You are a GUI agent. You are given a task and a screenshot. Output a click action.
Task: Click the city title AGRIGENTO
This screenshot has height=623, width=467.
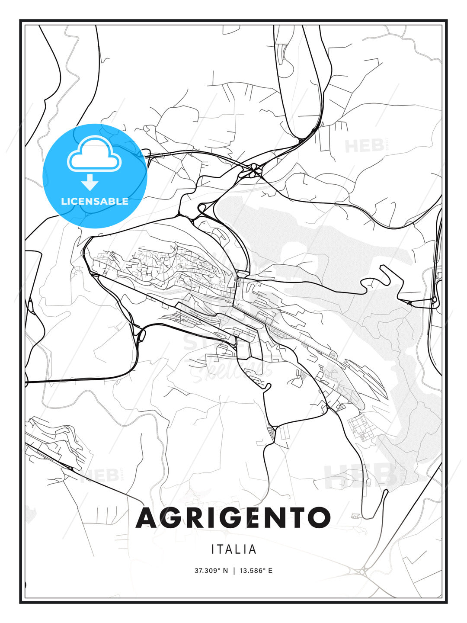click(x=233, y=518)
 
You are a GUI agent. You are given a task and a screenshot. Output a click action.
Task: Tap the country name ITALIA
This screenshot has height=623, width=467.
click(x=234, y=549)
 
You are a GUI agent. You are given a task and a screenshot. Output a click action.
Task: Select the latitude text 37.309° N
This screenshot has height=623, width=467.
click(x=211, y=571)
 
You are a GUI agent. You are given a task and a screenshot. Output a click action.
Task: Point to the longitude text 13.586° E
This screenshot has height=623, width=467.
click(x=256, y=571)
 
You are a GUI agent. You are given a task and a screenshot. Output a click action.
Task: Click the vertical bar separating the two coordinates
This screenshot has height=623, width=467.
click(x=234, y=571)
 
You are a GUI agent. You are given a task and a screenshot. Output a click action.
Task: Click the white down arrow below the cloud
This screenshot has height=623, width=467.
click(x=90, y=182)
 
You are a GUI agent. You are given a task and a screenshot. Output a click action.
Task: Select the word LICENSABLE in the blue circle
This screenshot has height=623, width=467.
click(x=95, y=201)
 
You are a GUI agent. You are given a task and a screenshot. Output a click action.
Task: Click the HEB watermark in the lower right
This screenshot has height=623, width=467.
click(x=361, y=475)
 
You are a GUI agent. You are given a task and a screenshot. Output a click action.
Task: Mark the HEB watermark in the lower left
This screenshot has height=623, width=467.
click(x=100, y=475)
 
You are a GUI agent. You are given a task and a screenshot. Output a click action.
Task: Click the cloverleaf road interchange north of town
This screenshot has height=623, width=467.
click(x=253, y=170)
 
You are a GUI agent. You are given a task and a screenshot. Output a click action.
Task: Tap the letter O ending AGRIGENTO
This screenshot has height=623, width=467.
click(x=319, y=518)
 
